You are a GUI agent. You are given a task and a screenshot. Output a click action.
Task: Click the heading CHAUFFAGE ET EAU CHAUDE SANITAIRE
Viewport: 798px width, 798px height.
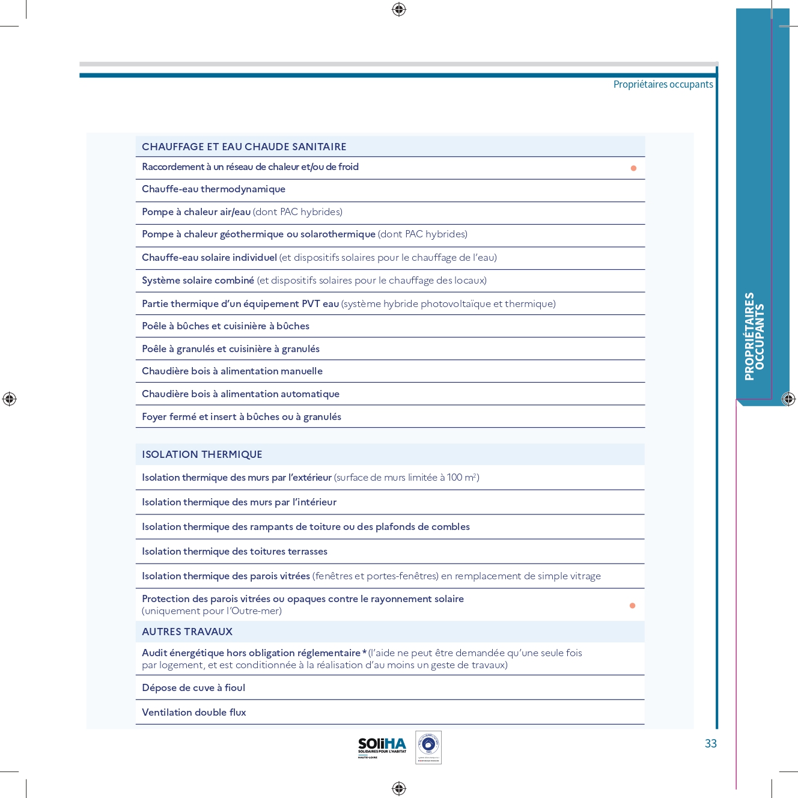(x=244, y=147)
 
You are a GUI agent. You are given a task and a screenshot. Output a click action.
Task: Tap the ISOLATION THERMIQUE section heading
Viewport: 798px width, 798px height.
(x=202, y=454)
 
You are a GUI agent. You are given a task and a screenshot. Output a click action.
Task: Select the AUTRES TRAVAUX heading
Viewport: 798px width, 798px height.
(x=187, y=632)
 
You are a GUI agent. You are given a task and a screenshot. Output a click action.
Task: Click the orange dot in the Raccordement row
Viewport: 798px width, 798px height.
(x=633, y=168)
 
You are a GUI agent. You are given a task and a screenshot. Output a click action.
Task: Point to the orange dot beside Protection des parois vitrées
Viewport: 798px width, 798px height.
(x=632, y=606)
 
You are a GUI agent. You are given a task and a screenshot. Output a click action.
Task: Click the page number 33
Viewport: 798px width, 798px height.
(x=711, y=744)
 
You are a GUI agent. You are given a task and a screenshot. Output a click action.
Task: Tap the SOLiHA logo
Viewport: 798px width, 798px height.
(x=382, y=747)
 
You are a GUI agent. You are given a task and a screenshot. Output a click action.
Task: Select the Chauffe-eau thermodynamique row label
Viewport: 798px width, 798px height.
(x=213, y=189)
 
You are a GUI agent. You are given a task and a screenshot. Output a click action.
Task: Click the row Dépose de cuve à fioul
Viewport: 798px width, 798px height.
(x=193, y=688)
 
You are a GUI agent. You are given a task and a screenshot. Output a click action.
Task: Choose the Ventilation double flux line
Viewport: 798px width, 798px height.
(x=194, y=713)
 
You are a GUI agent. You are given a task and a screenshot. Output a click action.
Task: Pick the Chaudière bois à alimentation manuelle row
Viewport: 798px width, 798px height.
(x=232, y=371)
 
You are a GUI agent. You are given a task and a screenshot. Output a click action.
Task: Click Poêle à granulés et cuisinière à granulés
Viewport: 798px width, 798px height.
(x=231, y=349)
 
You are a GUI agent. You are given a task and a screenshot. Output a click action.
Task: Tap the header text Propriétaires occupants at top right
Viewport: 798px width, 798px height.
(x=663, y=85)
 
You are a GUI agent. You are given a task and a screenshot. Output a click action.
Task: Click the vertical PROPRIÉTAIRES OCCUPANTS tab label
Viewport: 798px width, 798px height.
(x=754, y=337)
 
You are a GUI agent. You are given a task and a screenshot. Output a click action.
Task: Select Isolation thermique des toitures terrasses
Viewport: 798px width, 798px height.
(x=234, y=552)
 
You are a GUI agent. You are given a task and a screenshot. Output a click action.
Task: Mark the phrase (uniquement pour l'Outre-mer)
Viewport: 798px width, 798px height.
(x=212, y=611)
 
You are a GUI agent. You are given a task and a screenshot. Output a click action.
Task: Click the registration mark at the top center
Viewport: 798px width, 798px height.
(x=399, y=9)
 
